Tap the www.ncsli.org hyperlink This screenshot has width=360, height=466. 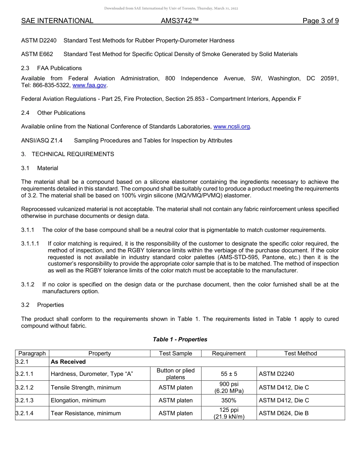pyautogui.click(x=232, y=127)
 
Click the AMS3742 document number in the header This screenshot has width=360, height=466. pyautogui.click(x=180, y=21)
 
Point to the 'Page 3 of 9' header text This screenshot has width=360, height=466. pyautogui.click(x=320, y=21)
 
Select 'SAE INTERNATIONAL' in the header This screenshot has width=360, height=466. pyautogui.click(x=57, y=21)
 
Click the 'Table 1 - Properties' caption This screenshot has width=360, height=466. pyautogui.click(x=180, y=339)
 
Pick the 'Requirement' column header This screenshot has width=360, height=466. pyautogui.click(x=229, y=353)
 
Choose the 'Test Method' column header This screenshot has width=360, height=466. pyautogui.click(x=301, y=353)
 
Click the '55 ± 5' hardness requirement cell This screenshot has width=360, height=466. pyautogui.click(x=229, y=374)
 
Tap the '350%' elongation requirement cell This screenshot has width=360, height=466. pyautogui.click(x=229, y=400)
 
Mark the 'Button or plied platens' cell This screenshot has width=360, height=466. pyautogui.click(x=175, y=374)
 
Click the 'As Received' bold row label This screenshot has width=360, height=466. pyautogui.click(x=68, y=362)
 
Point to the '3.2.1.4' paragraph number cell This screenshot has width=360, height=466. pyautogui.click(x=25, y=413)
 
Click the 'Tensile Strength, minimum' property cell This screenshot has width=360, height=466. pyautogui.click(x=86, y=388)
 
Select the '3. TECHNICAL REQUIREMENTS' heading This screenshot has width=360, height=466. pyautogui.click(x=67, y=154)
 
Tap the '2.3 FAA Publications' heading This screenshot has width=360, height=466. pyautogui.click(x=52, y=68)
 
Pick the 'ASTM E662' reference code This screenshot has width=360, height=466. pyautogui.click(x=37, y=54)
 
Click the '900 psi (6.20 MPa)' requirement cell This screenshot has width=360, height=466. pyautogui.click(x=229, y=388)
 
